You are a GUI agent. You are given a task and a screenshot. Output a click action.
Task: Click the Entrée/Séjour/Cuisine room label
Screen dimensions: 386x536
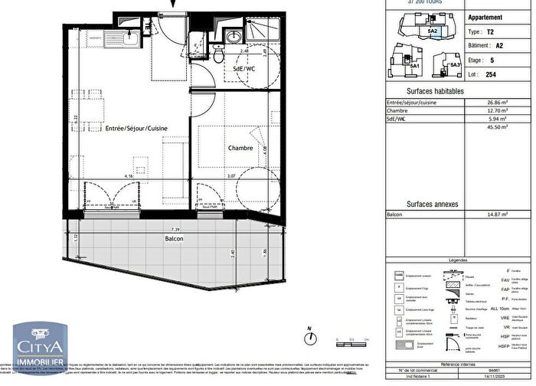137,128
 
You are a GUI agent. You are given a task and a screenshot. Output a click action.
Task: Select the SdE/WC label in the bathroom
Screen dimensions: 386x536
249,70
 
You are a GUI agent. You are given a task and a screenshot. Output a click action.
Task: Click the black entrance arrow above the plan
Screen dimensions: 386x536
172,5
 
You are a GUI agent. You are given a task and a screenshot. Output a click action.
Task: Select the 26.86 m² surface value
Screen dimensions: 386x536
502,102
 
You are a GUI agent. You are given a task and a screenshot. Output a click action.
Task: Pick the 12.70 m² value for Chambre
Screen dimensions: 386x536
502,110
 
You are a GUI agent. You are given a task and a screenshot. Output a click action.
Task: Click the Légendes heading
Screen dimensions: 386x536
459,260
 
